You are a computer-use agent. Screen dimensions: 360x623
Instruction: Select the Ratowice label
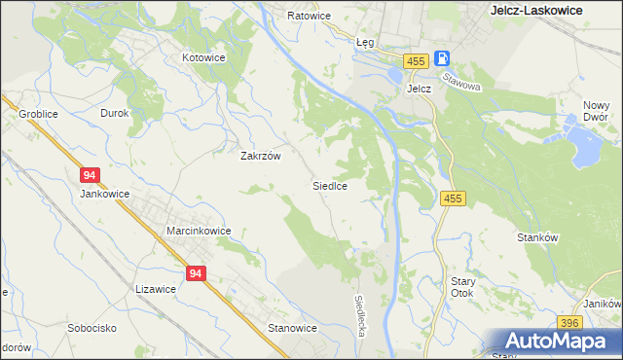(x=310, y=17)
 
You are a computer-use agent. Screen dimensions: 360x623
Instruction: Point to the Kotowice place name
(x=203, y=57)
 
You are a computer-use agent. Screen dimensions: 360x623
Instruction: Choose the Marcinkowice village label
(x=198, y=231)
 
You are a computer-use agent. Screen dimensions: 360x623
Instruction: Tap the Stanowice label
(x=292, y=328)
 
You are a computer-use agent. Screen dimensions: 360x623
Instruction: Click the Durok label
(x=115, y=113)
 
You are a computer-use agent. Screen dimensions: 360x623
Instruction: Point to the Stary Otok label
(x=462, y=286)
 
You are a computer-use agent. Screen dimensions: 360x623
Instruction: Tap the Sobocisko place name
(x=92, y=328)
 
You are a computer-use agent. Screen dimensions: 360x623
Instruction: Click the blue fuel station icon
(x=442, y=59)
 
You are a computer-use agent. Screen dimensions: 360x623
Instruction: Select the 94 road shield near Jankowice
(x=90, y=175)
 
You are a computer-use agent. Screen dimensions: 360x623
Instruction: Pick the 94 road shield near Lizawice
(x=196, y=274)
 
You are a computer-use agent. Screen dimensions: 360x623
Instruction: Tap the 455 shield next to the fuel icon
(x=417, y=60)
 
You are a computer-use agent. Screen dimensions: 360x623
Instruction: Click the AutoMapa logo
(x=556, y=341)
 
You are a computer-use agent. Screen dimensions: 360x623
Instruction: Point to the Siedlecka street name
(x=360, y=316)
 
